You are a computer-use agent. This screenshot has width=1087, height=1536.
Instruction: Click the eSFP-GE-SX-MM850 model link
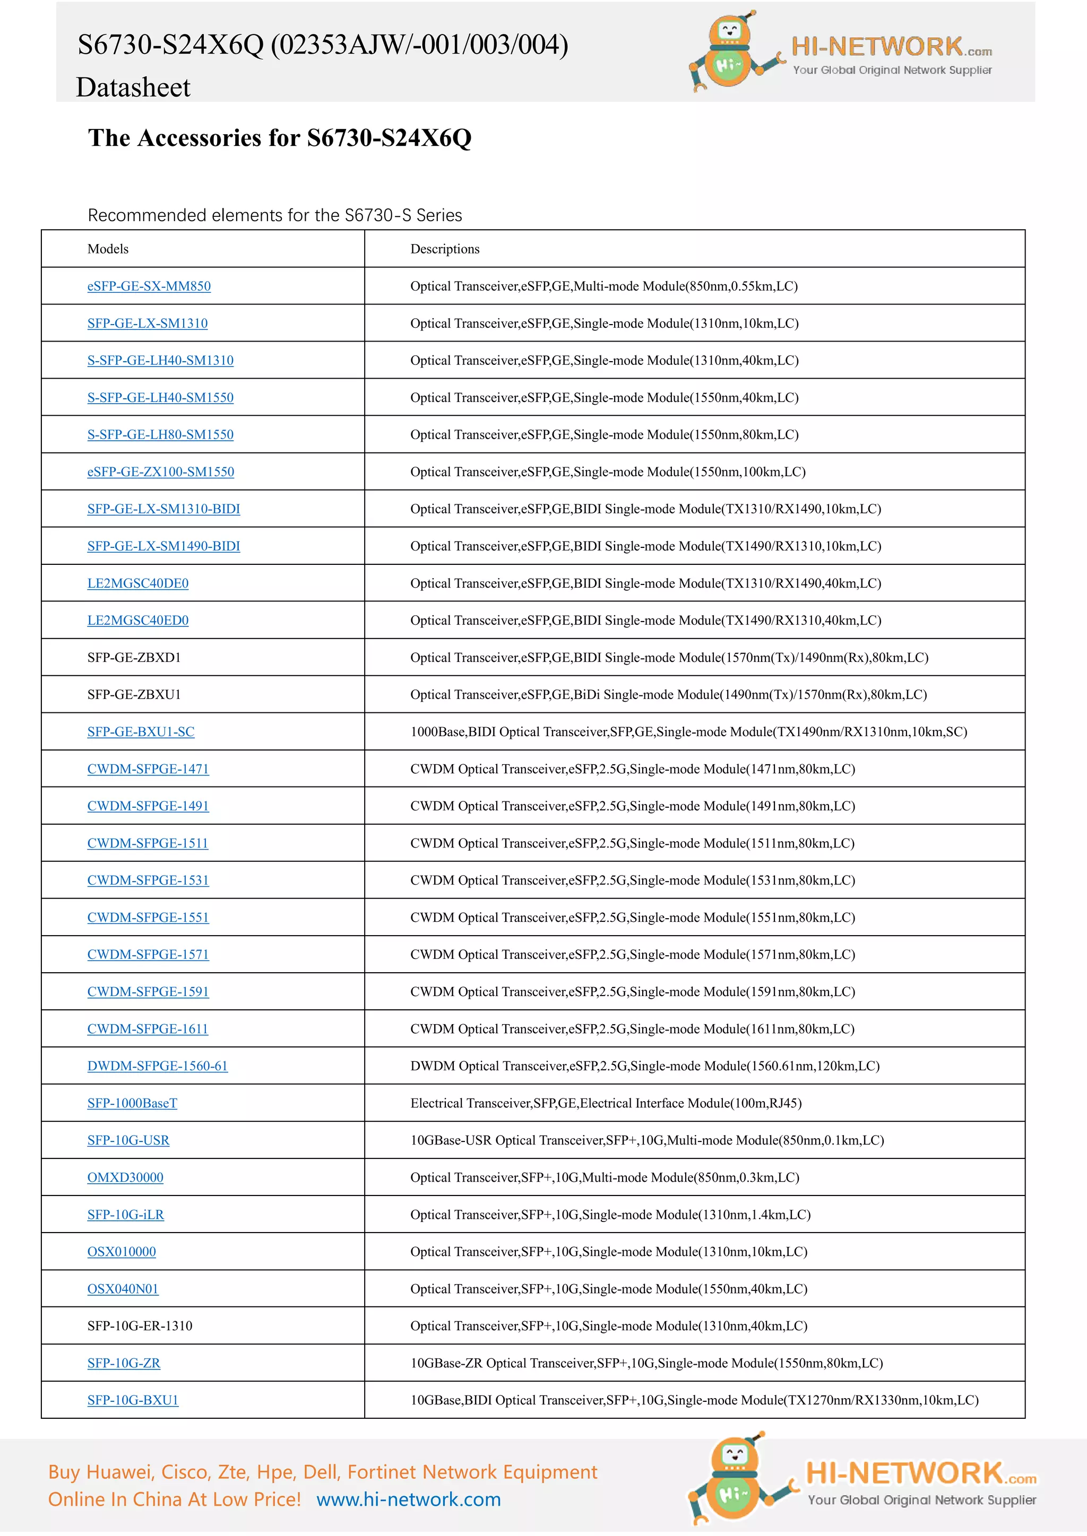pyautogui.click(x=149, y=286)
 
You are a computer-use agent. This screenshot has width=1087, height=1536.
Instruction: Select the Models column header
pyautogui.click(x=108, y=249)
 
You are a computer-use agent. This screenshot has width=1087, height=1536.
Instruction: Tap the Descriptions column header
pyautogui.click(x=444, y=249)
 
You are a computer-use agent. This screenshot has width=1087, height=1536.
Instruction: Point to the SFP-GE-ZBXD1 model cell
pyautogui.click(x=134, y=658)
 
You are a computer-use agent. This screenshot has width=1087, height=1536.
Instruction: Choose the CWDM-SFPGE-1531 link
pyautogui.click(x=148, y=880)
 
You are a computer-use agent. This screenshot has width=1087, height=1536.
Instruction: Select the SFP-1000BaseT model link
pyautogui.click(x=132, y=1103)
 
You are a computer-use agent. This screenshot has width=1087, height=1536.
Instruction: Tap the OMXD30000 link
pyautogui.click(x=125, y=1177)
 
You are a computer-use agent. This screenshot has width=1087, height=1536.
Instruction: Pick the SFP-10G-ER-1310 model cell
pyautogui.click(x=139, y=1326)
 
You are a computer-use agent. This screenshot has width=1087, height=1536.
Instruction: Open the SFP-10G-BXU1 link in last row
pyautogui.click(x=133, y=1400)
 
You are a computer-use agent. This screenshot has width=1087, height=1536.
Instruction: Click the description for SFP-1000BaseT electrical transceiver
pyautogui.click(x=606, y=1103)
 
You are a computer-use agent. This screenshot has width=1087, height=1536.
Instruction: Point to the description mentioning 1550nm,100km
pyautogui.click(x=608, y=472)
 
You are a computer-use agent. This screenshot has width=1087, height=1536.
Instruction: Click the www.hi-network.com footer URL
pyautogui.click(x=408, y=1499)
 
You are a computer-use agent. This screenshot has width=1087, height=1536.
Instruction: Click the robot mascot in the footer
pyautogui.click(x=736, y=1479)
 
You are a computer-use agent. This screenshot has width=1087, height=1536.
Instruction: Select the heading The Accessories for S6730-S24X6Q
pyautogui.click(x=280, y=138)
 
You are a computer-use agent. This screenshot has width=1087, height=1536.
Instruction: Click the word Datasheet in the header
pyautogui.click(x=133, y=88)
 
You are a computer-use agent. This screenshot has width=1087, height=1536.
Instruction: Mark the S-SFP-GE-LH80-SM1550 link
pyautogui.click(x=160, y=435)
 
